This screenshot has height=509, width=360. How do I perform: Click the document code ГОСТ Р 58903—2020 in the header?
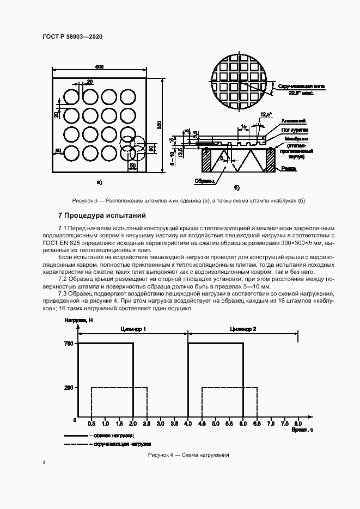(x=72, y=36)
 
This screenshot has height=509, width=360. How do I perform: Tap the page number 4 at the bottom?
(x=44, y=462)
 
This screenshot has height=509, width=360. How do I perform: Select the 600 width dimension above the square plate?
(x=99, y=67)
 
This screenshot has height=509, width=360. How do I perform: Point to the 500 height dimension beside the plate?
(x=159, y=125)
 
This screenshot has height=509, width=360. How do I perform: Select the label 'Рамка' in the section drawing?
(x=289, y=169)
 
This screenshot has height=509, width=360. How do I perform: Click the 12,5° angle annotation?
(x=265, y=114)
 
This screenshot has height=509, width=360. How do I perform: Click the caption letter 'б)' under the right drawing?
(x=237, y=188)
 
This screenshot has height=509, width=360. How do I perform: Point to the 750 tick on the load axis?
(x=69, y=344)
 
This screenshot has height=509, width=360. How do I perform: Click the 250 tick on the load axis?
(x=69, y=388)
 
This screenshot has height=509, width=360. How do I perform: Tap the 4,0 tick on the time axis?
(x=188, y=423)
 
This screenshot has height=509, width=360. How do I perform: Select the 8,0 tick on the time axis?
(x=297, y=423)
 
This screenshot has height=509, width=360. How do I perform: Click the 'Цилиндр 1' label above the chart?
(x=132, y=329)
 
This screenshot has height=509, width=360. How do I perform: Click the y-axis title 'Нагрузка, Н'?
(x=79, y=321)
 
